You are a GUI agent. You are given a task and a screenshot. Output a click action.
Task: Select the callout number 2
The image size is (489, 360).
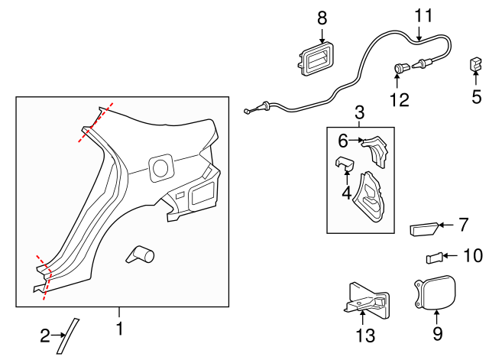45,334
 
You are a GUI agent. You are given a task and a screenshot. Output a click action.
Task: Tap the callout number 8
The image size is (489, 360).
322,16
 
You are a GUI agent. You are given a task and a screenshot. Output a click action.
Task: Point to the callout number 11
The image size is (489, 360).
423,15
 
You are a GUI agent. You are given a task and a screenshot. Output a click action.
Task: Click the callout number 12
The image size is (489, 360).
399,99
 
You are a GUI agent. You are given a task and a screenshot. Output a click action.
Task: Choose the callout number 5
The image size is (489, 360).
476,97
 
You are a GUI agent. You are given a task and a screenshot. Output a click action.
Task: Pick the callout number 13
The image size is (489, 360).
365,336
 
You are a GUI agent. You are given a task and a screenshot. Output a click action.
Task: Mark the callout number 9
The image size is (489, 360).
437,334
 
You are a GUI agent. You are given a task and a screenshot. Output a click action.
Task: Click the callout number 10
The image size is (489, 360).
473,256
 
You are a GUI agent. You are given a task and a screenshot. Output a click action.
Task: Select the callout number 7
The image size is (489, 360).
463,225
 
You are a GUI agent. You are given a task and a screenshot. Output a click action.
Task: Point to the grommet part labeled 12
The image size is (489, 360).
400,70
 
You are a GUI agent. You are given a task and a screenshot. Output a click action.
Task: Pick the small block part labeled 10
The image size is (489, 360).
433,257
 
